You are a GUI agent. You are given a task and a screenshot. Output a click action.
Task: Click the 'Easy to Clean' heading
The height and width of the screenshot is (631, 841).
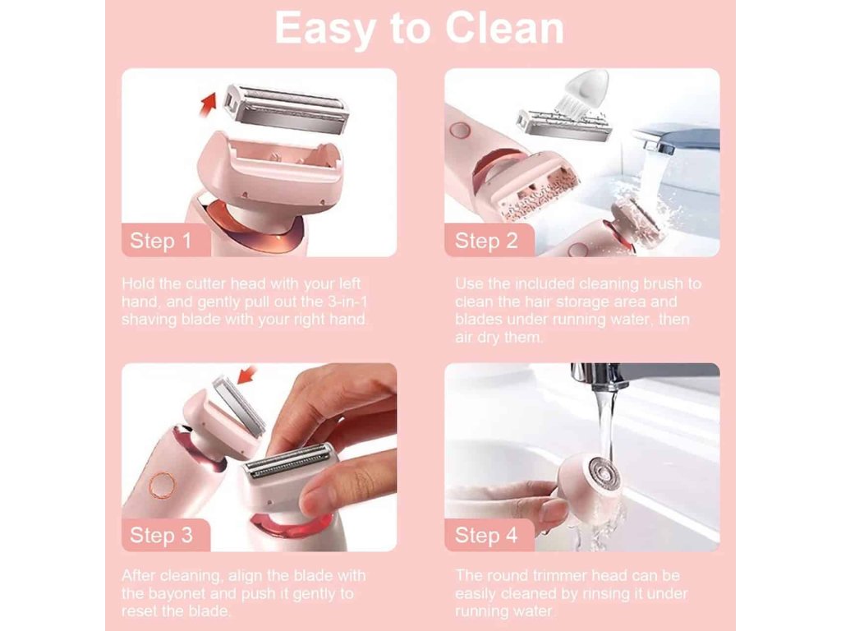420,28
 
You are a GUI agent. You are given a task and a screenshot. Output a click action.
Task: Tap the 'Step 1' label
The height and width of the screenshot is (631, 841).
160,241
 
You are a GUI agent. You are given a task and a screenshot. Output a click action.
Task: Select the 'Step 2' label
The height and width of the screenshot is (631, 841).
486,241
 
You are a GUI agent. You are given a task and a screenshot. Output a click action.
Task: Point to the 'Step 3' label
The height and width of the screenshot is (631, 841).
161,535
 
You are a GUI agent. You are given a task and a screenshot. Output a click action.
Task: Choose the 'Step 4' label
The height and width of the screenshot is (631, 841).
486,535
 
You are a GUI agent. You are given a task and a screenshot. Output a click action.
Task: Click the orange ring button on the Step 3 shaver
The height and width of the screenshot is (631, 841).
159,484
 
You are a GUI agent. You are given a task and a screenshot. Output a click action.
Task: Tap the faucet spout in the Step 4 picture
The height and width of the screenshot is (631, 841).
599,376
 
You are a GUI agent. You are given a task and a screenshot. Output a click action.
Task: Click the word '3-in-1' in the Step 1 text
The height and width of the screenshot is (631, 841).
348,302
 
